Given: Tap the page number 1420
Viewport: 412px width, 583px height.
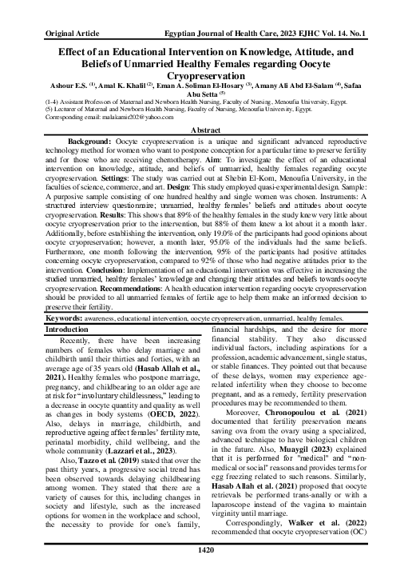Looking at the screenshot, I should [x=205, y=573].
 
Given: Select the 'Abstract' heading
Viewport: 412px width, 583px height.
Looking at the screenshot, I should [x=205, y=130].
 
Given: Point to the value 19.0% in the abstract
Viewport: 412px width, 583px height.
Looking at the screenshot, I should [x=240, y=225].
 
